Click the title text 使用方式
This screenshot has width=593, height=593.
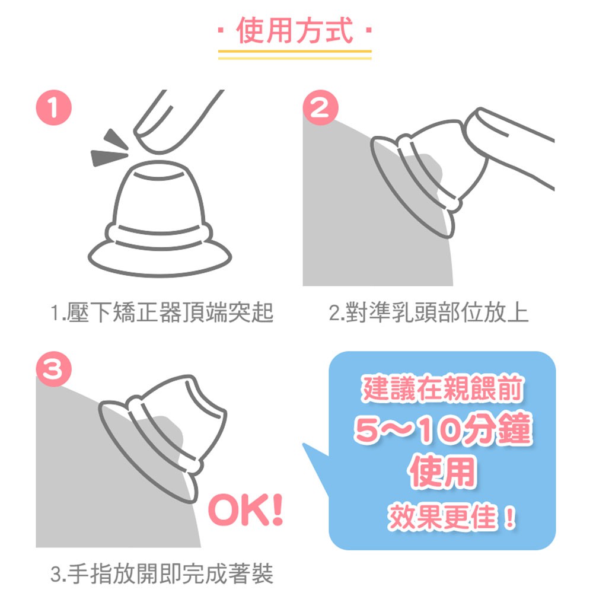295,31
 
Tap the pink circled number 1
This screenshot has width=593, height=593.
54,107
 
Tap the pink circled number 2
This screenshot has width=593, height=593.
321,107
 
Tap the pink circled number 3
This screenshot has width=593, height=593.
54,369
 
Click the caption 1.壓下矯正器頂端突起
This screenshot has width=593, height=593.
161,313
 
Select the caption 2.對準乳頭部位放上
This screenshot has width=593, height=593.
429,313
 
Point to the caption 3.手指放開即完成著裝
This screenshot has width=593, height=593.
161,573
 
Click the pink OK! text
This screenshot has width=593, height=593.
246,510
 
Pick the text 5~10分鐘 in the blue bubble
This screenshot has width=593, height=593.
443,429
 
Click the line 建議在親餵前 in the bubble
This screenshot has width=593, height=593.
443,388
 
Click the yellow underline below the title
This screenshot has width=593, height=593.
295,55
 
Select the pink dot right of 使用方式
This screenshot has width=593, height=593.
369,30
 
